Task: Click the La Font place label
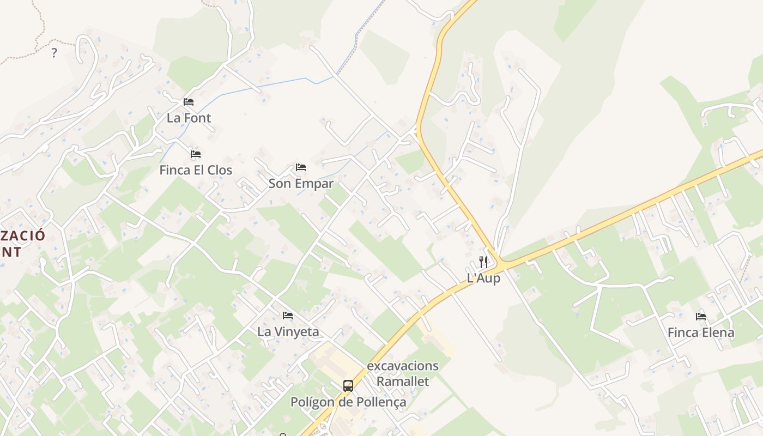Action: coord(189,118)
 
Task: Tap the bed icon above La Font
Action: coord(189,102)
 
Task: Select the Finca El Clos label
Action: coord(196,170)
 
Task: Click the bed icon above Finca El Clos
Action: coord(196,154)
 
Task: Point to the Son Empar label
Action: coord(301,184)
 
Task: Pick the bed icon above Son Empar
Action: coord(301,167)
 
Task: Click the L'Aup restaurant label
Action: coord(483,278)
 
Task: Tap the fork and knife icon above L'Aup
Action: coord(483,262)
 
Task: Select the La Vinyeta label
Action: coord(288,331)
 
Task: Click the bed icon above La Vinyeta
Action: coord(288,316)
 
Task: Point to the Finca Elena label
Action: coord(701,332)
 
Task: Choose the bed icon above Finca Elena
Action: coord(701,316)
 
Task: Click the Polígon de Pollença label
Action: coord(348,402)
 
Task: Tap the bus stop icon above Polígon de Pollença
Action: coord(348,386)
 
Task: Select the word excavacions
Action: coord(403,366)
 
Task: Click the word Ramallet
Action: coord(403,381)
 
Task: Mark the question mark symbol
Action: coord(54,53)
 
